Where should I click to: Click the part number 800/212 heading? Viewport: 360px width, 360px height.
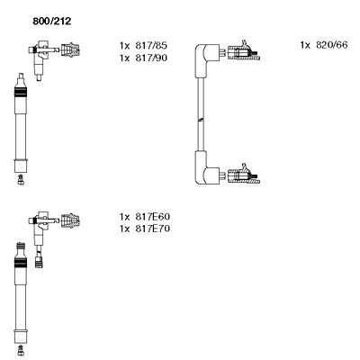[52, 22]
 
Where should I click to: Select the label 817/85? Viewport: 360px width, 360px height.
[151, 46]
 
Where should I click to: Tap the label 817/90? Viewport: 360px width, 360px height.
[151, 58]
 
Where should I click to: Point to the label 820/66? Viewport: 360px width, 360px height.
[331, 45]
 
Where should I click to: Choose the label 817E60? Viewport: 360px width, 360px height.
[153, 217]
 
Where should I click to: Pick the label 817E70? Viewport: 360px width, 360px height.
[153, 229]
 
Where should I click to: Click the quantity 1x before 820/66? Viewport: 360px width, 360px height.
[305, 45]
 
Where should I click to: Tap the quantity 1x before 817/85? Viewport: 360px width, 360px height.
[124, 46]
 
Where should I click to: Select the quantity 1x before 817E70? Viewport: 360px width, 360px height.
[124, 229]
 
